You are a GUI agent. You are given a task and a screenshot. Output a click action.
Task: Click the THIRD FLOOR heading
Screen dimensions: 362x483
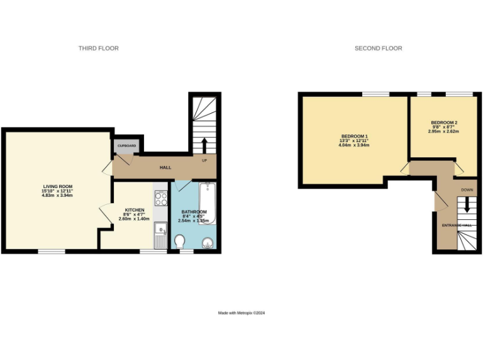point(98,48)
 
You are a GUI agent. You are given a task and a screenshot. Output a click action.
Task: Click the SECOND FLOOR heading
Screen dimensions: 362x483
point(378,48)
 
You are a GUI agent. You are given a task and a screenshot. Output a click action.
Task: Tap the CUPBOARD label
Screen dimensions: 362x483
point(126,146)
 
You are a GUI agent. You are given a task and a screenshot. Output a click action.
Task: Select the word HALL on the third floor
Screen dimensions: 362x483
point(165,167)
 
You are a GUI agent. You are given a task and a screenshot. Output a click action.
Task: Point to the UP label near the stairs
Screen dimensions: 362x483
point(204,160)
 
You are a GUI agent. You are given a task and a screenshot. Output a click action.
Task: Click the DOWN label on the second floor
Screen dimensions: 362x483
point(467,189)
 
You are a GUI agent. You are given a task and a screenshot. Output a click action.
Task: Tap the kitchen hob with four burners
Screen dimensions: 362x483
point(161,199)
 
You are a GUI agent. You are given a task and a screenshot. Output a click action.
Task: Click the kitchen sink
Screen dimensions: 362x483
point(161,231)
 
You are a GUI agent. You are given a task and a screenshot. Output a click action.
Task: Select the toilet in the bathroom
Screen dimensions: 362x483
point(180,241)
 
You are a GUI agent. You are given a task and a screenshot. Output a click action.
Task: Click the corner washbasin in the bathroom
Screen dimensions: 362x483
point(208,243)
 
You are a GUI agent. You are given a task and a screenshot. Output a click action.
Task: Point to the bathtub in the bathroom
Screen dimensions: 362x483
point(208,202)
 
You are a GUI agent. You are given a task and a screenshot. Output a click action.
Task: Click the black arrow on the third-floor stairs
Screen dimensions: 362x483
point(204,145)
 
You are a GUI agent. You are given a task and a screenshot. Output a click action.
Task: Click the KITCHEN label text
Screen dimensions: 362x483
point(135,210)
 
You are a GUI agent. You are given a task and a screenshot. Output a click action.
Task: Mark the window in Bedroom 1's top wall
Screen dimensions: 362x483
point(375,94)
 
